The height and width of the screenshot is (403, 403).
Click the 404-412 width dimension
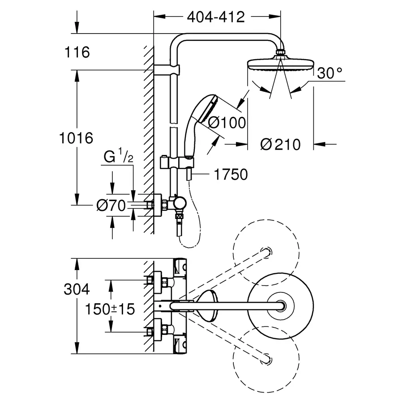pos(216,17)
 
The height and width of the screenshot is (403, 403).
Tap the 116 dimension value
pos(77,52)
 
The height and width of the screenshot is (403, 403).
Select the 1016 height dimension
pos(76,137)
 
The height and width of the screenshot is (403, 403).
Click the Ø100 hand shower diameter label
pos(227,122)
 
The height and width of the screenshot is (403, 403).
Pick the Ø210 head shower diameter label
pos(280,144)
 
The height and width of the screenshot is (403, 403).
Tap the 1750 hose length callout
pos(231,174)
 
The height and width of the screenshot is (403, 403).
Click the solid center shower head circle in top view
pos(280,306)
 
